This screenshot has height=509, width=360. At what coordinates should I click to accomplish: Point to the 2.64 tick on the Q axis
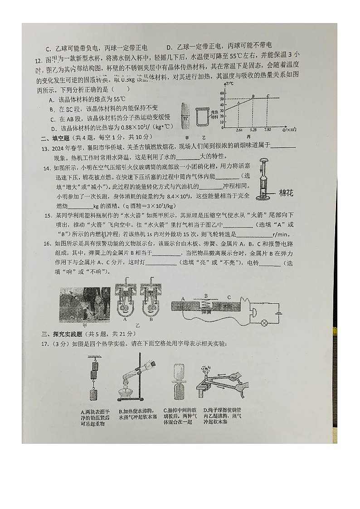[x=239, y=130]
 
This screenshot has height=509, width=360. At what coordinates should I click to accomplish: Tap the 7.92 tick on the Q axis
[x=268, y=130]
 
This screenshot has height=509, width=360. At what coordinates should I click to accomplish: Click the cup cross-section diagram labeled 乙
[x=203, y=118]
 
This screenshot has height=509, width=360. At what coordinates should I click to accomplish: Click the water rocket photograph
[x=85, y=304]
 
